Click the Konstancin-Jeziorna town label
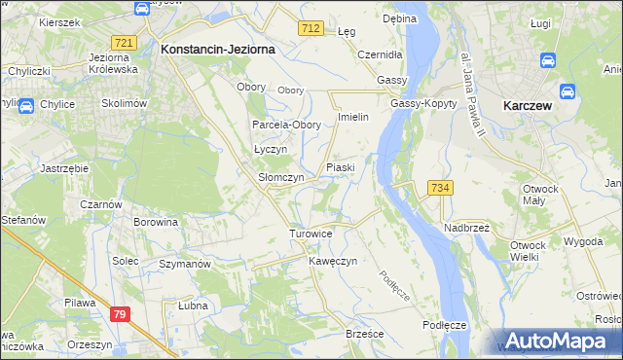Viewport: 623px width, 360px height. tap(217, 48)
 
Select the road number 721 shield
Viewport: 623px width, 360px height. tap(124, 43)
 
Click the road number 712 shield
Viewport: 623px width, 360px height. tap(311, 29)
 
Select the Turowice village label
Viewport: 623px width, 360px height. tap(311, 234)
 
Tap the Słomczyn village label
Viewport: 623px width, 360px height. tap(280, 178)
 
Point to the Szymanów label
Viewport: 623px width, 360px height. tap(185, 265)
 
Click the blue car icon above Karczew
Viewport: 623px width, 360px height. tap(546, 60)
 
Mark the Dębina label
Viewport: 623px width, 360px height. tap(399, 18)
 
